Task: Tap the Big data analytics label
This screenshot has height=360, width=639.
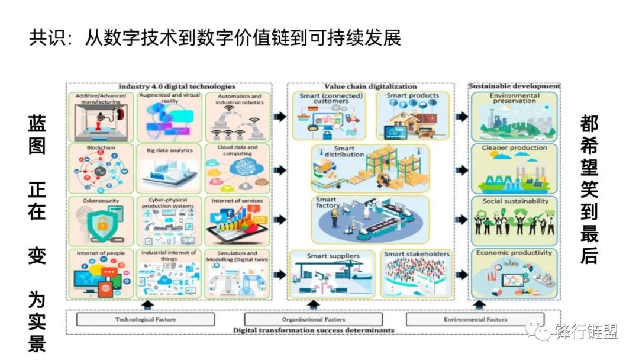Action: pos(170,150)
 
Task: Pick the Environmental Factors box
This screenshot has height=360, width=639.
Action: pos(476,320)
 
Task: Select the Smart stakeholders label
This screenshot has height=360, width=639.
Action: pos(417,255)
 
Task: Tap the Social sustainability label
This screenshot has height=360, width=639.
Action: pos(515,201)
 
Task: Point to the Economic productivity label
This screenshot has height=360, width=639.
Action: pos(514,253)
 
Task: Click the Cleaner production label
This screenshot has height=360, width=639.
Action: pos(514,147)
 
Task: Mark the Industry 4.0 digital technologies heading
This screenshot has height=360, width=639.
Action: pos(169,86)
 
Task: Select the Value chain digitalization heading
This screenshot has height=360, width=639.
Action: pos(371,86)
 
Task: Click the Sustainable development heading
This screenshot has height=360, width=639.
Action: pos(514,86)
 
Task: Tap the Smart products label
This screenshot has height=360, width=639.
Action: pos(413,95)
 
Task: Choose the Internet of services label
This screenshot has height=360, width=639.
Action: pos(237,201)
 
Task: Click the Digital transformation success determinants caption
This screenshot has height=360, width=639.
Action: pos(313,330)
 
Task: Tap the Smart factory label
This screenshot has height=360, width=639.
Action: pos(327,203)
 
